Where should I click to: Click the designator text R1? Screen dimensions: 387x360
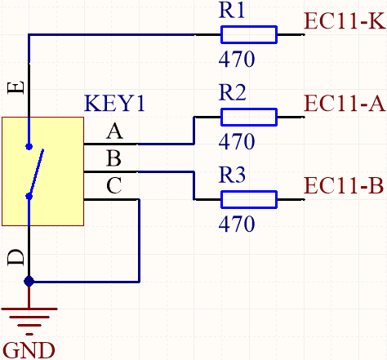[x=232, y=11]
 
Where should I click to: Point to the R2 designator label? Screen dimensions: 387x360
[x=232, y=92]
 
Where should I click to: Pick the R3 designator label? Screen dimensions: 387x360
[x=232, y=175]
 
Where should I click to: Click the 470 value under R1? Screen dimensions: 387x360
[x=237, y=59]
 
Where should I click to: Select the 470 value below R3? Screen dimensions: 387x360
[x=237, y=224]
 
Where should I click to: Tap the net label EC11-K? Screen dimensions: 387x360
[x=345, y=20]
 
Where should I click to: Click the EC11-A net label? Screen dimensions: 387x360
[x=345, y=103]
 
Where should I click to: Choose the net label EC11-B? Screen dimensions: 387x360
[x=344, y=185]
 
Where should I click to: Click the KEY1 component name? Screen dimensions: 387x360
[x=114, y=103]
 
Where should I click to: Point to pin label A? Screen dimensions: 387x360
[x=114, y=131]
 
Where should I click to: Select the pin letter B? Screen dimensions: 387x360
[x=113, y=158]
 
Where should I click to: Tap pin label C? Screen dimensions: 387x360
[x=113, y=185]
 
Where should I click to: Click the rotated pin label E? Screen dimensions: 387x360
[x=16, y=87]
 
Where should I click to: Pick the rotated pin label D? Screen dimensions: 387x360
[x=16, y=257]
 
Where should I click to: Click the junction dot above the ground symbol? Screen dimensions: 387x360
[x=29, y=282]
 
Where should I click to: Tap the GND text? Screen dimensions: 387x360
[x=29, y=350]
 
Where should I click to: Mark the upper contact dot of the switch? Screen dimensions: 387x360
[x=29, y=147]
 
